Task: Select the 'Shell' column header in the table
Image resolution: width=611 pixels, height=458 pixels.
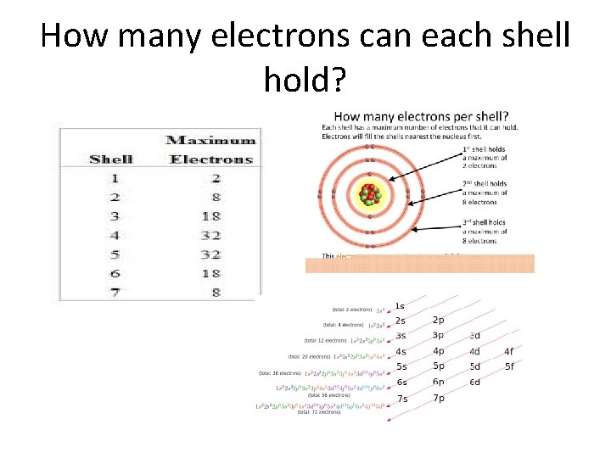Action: (x=111, y=159)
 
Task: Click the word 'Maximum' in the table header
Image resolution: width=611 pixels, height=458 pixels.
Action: (x=210, y=140)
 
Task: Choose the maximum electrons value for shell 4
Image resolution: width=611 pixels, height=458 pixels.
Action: (x=210, y=235)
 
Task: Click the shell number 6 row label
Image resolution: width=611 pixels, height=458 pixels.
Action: (x=114, y=272)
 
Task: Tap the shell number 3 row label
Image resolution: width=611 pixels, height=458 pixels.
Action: (x=114, y=215)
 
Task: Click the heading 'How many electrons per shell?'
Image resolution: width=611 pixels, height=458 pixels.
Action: (x=422, y=115)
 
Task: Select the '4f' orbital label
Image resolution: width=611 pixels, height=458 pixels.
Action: (x=508, y=351)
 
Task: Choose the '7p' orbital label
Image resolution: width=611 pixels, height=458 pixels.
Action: (x=438, y=398)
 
